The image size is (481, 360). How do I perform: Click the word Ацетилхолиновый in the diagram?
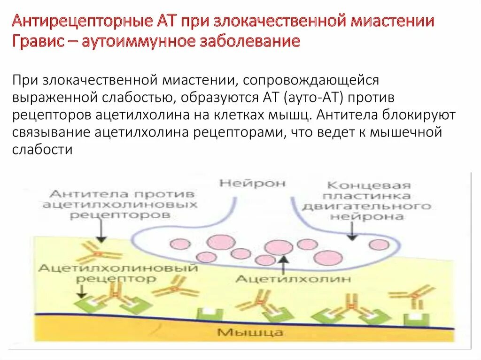(118, 268)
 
